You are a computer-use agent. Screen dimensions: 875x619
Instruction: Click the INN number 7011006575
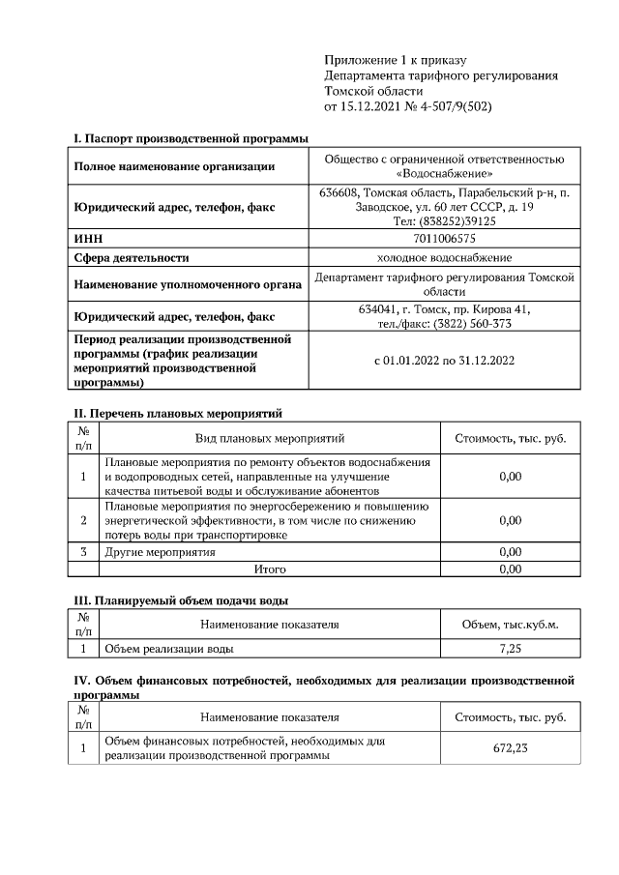444,238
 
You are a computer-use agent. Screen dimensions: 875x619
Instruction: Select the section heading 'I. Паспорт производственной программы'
185,140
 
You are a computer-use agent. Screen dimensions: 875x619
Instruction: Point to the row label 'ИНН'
89,238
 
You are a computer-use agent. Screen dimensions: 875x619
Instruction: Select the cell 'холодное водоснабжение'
444,257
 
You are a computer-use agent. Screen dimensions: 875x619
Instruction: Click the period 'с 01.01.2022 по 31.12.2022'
444,360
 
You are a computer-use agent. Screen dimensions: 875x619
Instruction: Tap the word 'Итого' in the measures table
270,569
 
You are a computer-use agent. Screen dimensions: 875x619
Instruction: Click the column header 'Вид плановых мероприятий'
270,438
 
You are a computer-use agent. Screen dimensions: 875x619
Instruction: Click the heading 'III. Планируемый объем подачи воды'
182,600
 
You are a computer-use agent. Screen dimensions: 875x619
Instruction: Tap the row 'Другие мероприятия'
160,552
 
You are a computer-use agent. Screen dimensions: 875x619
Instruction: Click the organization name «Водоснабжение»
444,174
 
